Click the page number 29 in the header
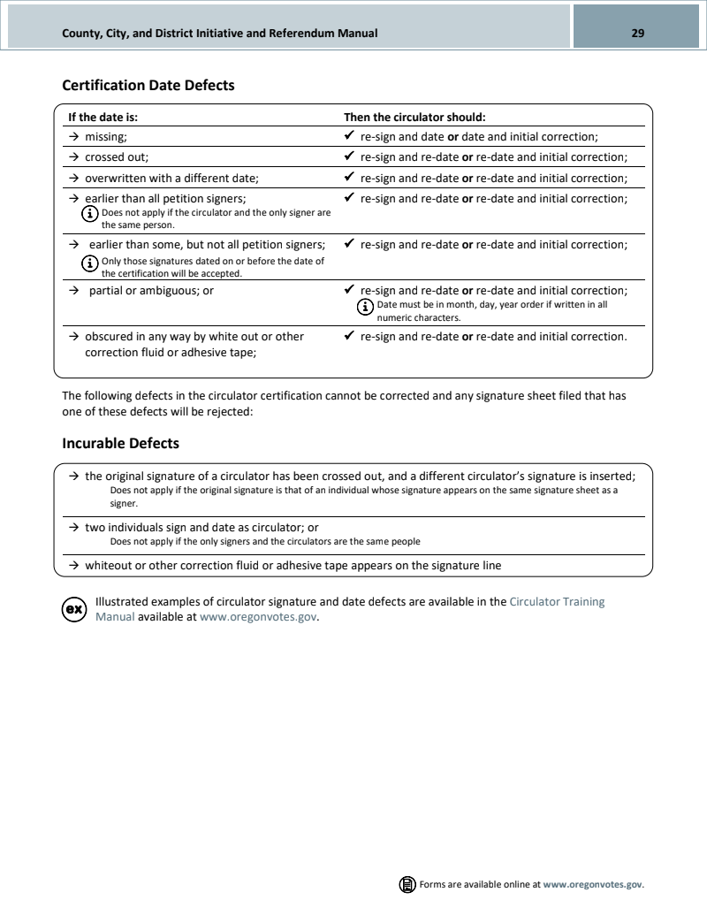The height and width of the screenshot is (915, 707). (x=637, y=34)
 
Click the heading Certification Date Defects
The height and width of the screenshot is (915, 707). (x=148, y=86)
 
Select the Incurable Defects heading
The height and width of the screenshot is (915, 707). (x=120, y=443)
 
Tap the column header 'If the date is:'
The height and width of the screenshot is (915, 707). (x=103, y=117)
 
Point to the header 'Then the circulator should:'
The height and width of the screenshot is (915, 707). (x=414, y=117)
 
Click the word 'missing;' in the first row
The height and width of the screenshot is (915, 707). (x=106, y=137)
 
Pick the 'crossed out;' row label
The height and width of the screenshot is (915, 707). (x=117, y=157)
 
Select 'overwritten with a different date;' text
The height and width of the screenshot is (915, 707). (x=171, y=178)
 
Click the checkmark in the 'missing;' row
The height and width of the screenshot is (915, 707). (x=350, y=137)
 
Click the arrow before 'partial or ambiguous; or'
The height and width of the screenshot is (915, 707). (x=75, y=290)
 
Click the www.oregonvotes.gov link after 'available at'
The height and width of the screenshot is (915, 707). (x=258, y=617)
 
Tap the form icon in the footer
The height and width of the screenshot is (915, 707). (x=407, y=884)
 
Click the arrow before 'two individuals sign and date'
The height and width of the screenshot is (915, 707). (x=75, y=527)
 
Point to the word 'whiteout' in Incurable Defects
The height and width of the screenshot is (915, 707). (x=109, y=565)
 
